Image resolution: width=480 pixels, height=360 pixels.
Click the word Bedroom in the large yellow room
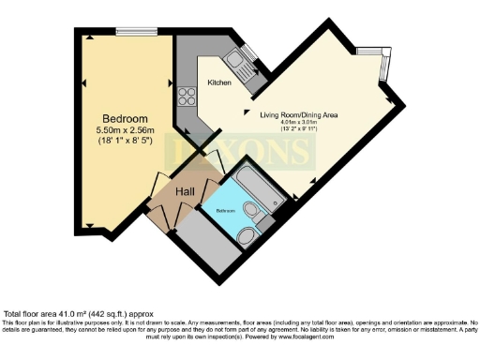124,118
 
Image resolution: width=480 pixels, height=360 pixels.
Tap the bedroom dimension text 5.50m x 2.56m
124,130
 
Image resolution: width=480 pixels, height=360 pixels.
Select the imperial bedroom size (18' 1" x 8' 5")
124,142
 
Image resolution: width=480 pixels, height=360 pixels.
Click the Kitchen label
219,83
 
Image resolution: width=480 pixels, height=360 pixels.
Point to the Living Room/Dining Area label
298,114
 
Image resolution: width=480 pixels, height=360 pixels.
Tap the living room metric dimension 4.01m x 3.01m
298,122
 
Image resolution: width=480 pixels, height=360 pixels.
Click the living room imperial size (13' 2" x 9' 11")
298,129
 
